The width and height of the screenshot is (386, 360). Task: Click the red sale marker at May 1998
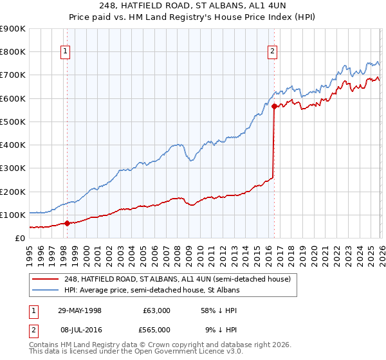(x=67, y=223)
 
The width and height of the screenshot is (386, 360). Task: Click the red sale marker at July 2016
(x=274, y=107)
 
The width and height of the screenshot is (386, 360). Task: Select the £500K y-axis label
(x=13, y=122)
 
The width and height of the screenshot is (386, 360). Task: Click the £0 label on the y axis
(x=19, y=238)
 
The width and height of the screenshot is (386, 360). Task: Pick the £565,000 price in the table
(x=157, y=329)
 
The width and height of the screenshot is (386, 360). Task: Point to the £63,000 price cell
(x=157, y=310)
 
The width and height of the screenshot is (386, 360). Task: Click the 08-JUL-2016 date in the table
(x=79, y=329)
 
